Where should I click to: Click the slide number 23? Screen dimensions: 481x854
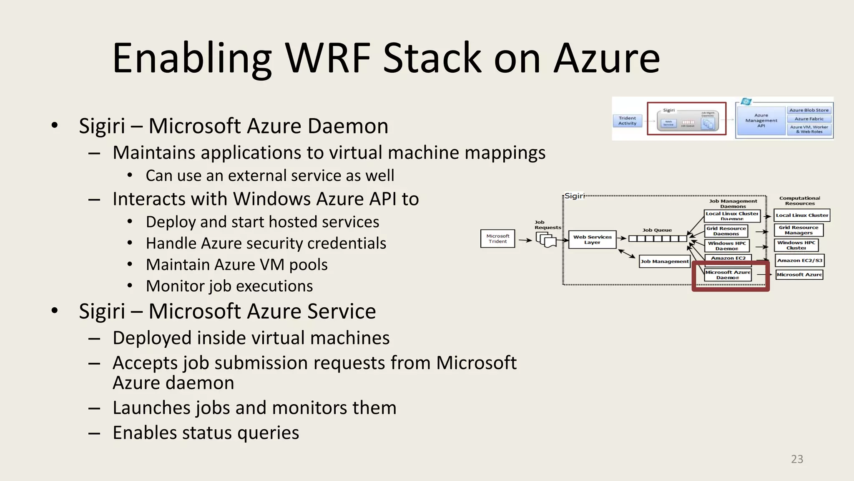click(797, 459)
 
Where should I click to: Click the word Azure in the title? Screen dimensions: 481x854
click(607, 58)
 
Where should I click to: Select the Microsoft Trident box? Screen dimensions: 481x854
click(497, 239)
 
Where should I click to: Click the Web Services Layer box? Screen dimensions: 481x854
click(592, 240)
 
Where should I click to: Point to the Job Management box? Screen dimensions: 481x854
click(664, 261)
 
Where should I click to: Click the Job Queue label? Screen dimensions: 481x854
click(657, 230)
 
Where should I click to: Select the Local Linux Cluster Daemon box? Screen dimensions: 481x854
click(732, 216)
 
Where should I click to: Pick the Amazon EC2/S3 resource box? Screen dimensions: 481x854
click(799, 261)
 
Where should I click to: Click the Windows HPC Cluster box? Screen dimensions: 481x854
click(796, 245)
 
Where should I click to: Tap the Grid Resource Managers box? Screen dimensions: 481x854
click(799, 230)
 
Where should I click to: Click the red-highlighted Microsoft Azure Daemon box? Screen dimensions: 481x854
click(728, 275)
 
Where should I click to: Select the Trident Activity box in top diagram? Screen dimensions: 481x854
click(627, 121)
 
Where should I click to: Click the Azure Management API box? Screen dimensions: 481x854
click(761, 121)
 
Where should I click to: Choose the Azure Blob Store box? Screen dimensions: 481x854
click(809, 110)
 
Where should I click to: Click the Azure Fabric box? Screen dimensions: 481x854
click(809, 119)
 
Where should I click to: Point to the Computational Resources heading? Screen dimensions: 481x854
click(799, 201)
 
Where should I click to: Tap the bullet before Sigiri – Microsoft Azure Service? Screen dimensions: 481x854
click(55, 311)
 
